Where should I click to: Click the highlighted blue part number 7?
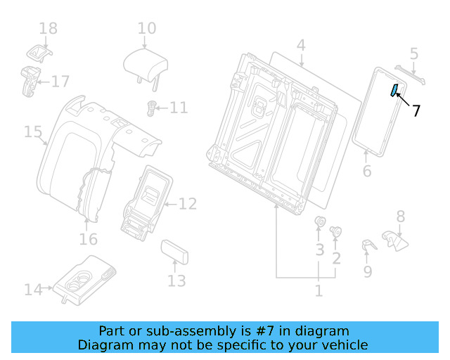click(x=394, y=89)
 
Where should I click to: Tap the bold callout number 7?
click(x=416, y=110)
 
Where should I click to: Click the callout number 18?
click(x=48, y=28)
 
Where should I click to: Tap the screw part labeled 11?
click(x=150, y=108)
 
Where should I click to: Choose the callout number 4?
click(x=301, y=46)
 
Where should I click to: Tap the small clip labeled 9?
click(x=367, y=245)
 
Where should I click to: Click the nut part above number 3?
click(x=319, y=224)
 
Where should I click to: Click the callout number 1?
click(x=319, y=290)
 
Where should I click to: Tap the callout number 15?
click(x=33, y=131)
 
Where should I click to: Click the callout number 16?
click(x=88, y=240)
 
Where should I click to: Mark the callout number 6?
click(x=366, y=172)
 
